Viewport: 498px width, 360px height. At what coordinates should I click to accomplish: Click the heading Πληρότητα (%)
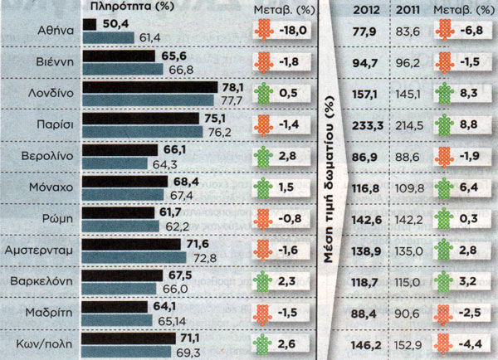(x=126, y=8)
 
